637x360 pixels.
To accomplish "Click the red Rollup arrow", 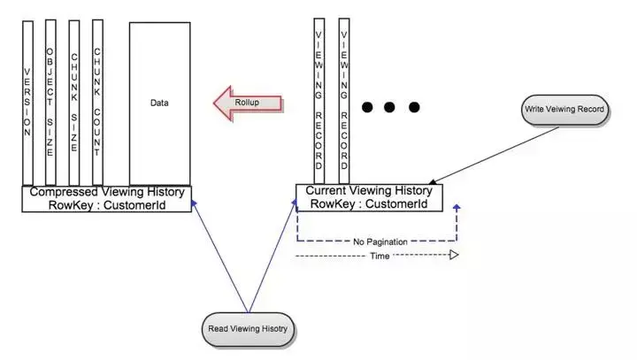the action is pyautogui.click(x=249, y=103).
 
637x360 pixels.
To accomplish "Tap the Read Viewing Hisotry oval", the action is pyautogui.click(x=249, y=328).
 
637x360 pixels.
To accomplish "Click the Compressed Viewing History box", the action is pyautogui.click(x=106, y=198).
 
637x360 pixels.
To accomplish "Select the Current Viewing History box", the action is pyautogui.click(x=368, y=197).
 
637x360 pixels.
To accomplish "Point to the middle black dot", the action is pyautogui.click(x=390, y=108).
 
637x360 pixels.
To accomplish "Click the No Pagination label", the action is pyautogui.click(x=377, y=241).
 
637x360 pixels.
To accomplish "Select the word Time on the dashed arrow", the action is pyautogui.click(x=378, y=256).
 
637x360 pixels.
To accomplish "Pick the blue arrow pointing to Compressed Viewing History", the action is pyautogui.click(x=221, y=257).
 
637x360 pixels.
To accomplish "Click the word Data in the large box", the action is pyautogui.click(x=159, y=103).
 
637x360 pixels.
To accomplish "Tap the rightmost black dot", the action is pyautogui.click(x=413, y=108).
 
